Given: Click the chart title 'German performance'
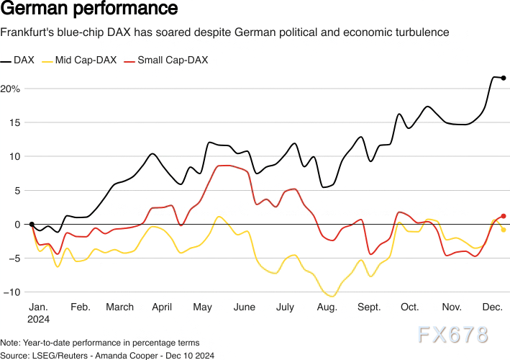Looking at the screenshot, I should click(89, 10).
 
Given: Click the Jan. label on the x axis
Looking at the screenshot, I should click(38, 307).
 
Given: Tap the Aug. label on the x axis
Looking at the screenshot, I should click(327, 307).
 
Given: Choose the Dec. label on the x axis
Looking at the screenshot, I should click(492, 307).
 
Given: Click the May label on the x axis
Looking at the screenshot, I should click(203, 307).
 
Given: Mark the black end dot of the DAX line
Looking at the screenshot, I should click(504, 78).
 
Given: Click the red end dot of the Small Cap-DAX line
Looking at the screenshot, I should click(504, 216).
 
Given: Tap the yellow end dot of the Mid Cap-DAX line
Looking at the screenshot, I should click(504, 230).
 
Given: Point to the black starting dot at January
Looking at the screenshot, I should click(32, 224).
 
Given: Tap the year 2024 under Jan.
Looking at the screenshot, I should click(39, 318).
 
